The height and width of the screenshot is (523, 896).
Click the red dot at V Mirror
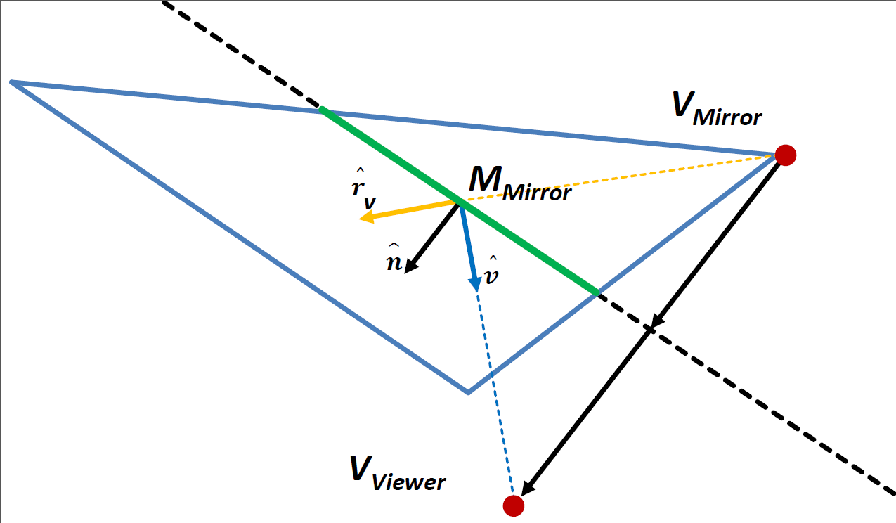785,155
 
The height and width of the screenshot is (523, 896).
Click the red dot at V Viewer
514,505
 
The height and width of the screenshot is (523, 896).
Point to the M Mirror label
519,183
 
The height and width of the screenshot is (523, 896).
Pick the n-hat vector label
394,259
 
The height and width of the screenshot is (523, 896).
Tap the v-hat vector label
492,273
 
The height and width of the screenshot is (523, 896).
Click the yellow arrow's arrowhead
366,219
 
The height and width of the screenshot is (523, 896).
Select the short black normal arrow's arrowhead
411,266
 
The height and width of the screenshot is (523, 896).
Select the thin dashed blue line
496,394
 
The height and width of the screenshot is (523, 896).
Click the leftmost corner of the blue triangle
12,83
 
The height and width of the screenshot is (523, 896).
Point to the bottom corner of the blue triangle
468,392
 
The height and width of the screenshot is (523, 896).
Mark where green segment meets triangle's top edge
321,110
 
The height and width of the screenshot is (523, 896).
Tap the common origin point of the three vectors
458,202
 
